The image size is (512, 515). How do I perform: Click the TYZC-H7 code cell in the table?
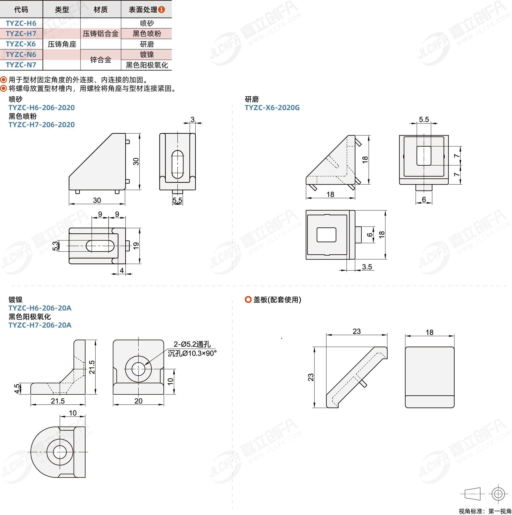click(21, 34)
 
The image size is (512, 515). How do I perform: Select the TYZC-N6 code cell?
click(21, 54)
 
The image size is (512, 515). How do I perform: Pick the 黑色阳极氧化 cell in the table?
click(147, 65)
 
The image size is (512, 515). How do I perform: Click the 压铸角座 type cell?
click(62, 44)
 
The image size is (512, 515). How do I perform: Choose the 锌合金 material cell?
click(101, 60)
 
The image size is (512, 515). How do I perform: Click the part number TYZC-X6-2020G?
click(272, 108)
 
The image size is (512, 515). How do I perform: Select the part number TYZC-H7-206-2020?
click(42, 125)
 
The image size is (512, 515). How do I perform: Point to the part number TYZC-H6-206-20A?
click(40, 308)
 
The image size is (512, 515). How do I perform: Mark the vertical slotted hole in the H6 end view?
click(177, 164)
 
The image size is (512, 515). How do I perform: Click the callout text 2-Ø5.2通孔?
click(192, 344)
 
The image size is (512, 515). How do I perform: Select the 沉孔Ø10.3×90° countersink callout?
click(192, 353)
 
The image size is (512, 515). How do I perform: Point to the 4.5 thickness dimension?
click(17, 388)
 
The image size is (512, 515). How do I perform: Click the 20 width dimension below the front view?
click(138, 401)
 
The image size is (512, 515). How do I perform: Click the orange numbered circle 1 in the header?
click(161, 10)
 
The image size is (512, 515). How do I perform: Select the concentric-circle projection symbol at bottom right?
click(498, 494)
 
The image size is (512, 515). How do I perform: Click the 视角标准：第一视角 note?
click(485, 511)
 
